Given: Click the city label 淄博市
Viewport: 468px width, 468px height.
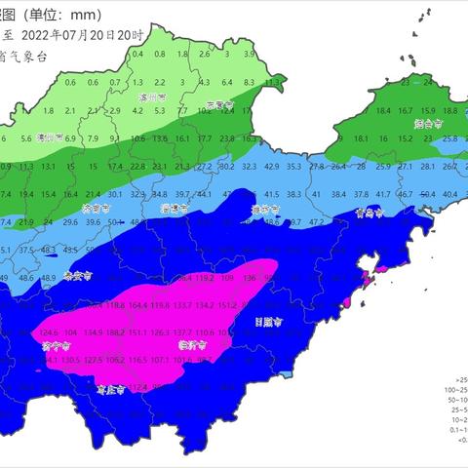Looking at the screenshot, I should [x=174, y=209].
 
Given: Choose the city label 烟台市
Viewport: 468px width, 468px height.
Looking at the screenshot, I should [x=422, y=125].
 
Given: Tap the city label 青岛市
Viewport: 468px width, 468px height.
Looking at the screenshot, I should [x=368, y=212].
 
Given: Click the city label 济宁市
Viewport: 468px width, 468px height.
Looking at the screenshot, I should [x=56, y=346].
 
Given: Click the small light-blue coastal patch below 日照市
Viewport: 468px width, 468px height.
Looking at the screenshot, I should [x=283, y=373].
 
